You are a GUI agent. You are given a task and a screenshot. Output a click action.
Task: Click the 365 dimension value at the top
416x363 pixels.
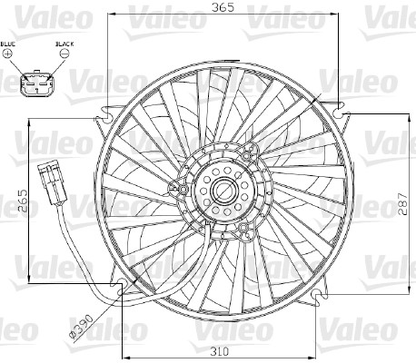pyautogui.click(x=223, y=6)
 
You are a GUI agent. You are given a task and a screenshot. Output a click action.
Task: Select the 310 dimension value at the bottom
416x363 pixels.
pyautogui.click(x=220, y=351)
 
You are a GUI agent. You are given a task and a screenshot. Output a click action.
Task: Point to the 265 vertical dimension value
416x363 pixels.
pyautogui.click(x=23, y=201)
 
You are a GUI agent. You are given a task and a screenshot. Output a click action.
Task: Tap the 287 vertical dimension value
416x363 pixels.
pyautogui.click(x=402, y=204)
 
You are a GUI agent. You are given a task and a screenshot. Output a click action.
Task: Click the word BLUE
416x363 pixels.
pyautogui.click(x=8, y=44)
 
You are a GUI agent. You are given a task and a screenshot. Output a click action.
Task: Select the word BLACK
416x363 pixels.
pyautogui.click(x=64, y=44)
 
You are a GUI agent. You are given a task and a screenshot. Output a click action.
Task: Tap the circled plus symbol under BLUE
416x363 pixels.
pyautogui.click(x=7, y=54)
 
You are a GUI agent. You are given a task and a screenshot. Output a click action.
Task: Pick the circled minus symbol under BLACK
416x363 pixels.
pyautogui.click(x=64, y=54)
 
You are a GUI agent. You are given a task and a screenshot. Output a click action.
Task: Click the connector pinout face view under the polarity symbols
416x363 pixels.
pyautogui.click(x=37, y=83)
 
